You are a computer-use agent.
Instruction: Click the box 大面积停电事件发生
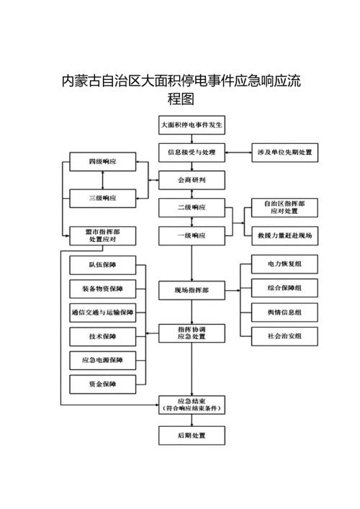pos(192,125)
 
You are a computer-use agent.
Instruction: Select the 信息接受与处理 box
pos(192,153)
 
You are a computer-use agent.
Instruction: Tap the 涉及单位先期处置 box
pos(284,153)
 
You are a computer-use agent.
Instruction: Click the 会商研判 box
pos(192,180)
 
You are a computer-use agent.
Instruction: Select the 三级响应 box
pos(102,197)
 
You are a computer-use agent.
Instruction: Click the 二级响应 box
pos(192,208)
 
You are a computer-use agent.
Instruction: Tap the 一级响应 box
pos(192,235)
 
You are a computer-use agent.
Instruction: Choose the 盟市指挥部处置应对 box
pos(102,235)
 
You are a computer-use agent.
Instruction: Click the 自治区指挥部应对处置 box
pos(284,208)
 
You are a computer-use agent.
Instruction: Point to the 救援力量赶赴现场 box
pos(284,235)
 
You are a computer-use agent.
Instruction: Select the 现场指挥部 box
pos(192,290)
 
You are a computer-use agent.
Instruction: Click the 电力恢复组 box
pos(284,264)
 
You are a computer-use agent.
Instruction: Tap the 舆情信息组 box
pos(284,312)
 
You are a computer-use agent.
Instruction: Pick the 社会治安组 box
pos(284,335)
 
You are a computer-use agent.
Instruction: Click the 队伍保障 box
pos(102,266)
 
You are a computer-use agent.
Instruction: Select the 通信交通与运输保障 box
pos(102,312)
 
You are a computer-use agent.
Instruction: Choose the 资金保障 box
pos(102,384)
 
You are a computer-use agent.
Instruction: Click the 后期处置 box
pos(192,436)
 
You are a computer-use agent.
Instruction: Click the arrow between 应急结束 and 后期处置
pos(192,420)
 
